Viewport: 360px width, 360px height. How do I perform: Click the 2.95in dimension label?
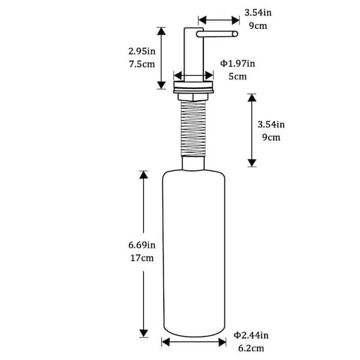pyautogui.click(x=142, y=51)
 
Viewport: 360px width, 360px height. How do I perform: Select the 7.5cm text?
pyautogui.click(x=142, y=64)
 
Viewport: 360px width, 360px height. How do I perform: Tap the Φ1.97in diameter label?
pyautogui.click(x=238, y=64)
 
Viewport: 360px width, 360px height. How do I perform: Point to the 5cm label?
pyautogui.click(x=238, y=76)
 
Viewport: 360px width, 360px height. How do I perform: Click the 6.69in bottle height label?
pyautogui.click(x=142, y=245)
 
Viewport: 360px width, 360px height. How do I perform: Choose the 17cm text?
pyautogui.click(x=142, y=258)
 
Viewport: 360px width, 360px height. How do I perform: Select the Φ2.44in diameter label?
pyautogui.click(x=251, y=335)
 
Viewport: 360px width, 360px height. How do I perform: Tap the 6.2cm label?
pyautogui.click(x=251, y=348)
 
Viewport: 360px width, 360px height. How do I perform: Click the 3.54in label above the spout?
pyautogui.click(x=258, y=13)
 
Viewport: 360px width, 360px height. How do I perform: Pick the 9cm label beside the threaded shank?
pyautogui.click(x=271, y=137)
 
